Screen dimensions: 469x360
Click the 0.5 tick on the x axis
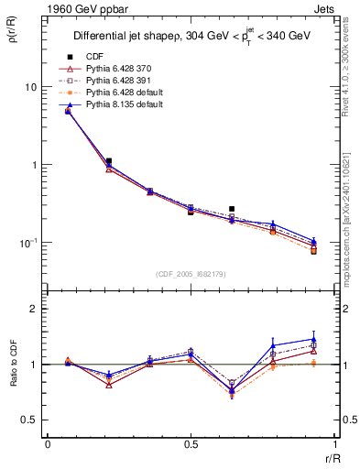(191, 443)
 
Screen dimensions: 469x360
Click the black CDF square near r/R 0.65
(231, 209)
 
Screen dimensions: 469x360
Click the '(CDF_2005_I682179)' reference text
(191, 274)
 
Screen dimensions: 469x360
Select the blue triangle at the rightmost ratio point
(313, 339)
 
